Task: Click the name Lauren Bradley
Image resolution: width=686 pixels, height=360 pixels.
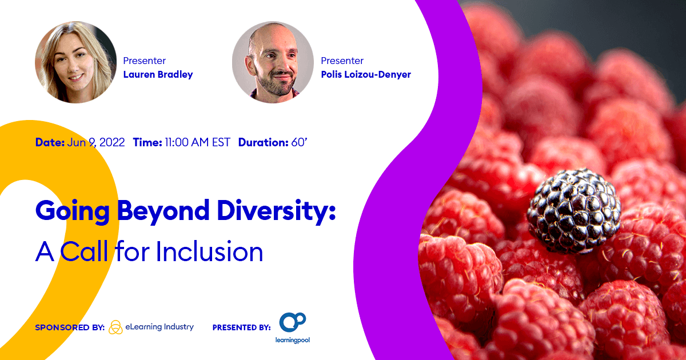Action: (158, 74)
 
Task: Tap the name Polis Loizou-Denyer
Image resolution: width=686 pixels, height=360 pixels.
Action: (366, 74)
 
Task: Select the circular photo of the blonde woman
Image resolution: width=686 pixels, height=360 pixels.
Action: (75, 62)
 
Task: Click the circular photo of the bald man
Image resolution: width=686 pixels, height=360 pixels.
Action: (273, 62)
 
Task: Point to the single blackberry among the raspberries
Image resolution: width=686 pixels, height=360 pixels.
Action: (573, 211)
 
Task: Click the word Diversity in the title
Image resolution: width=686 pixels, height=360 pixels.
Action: (276, 211)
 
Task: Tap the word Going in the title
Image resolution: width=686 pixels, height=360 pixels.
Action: (73, 211)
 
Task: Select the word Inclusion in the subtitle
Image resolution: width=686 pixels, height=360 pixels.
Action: (209, 251)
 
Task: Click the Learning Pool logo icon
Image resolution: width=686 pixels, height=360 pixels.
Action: (293, 322)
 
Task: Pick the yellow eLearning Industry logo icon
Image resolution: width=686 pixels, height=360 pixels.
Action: (115, 327)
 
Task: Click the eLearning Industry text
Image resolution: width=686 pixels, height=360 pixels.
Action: (159, 327)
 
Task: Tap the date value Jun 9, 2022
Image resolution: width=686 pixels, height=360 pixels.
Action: (96, 142)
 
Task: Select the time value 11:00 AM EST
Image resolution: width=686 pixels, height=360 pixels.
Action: (197, 142)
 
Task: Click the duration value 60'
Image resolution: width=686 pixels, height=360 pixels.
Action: (299, 142)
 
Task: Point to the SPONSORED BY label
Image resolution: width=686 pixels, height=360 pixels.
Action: (70, 327)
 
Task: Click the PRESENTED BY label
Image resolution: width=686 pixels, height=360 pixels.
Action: (242, 327)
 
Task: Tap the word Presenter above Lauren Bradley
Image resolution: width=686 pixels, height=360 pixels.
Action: (144, 61)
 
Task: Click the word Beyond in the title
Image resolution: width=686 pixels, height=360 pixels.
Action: (163, 211)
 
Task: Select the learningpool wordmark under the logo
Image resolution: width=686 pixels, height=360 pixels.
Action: (293, 340)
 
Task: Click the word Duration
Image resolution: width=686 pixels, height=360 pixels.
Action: (264, 142)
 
